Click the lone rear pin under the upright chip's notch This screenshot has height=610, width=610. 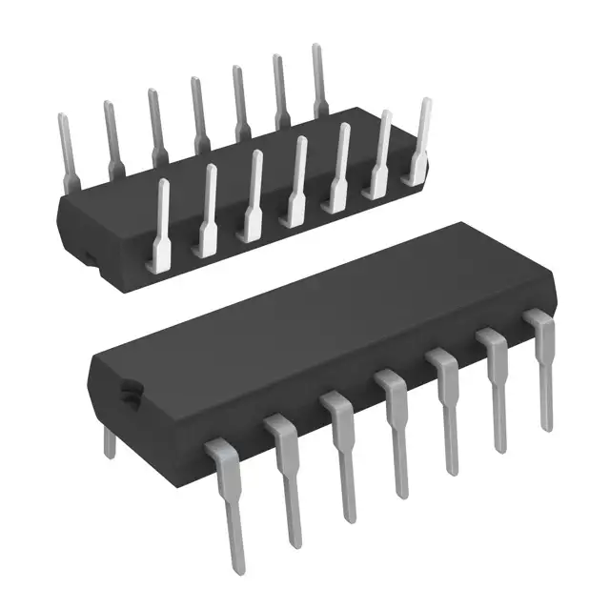click(110, 441)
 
